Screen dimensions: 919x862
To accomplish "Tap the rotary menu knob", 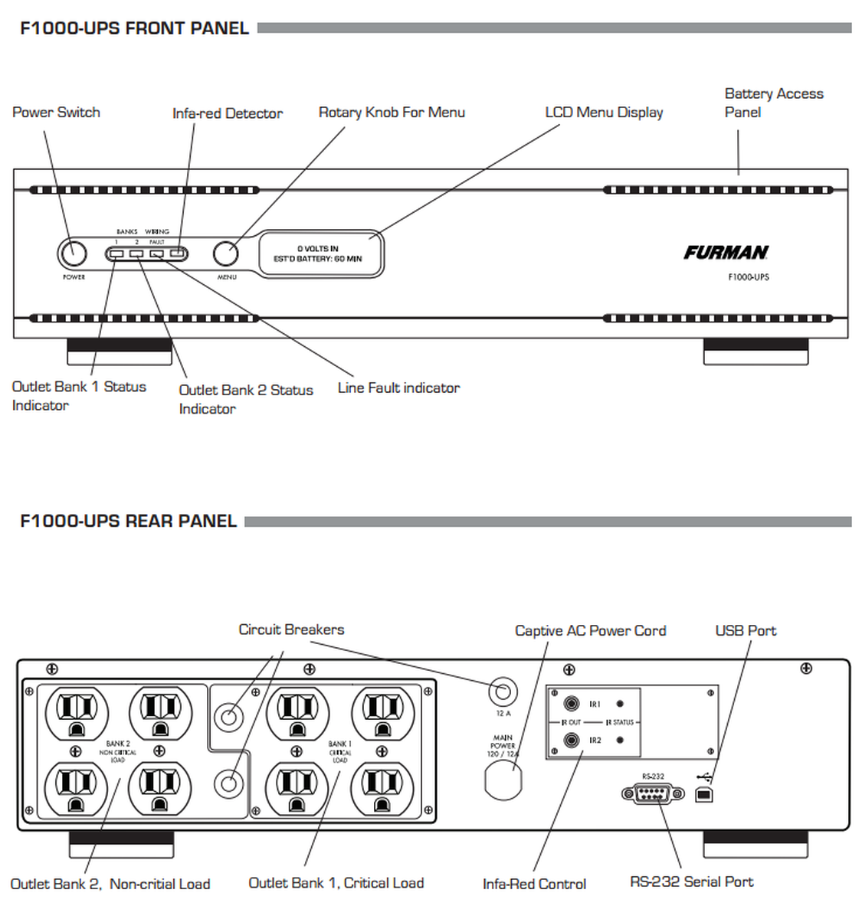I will coord(225,253).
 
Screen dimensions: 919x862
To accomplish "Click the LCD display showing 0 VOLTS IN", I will coord(320,254).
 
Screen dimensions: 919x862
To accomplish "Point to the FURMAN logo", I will coord(726,253).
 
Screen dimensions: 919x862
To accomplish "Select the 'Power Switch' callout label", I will coord(56,113).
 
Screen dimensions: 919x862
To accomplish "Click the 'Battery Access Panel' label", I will coord(773,103).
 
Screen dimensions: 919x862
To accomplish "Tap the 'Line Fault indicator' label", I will coord(398,388).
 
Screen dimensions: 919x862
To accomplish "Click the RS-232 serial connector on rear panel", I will coord(654,794).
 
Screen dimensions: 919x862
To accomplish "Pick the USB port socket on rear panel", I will coord(704,796).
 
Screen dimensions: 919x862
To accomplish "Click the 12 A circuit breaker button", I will coord(503,692).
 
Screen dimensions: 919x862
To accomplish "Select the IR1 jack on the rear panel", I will coord(571,703).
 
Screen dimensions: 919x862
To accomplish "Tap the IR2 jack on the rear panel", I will coord(571,741).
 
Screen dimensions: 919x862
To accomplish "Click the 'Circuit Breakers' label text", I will coord(291,630).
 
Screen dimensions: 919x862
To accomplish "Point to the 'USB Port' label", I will coord(746,631).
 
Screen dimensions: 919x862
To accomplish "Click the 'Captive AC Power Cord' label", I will coord(590,631).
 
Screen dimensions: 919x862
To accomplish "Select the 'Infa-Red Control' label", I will coord(534,884).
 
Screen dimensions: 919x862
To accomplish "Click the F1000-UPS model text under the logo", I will coord(748,276).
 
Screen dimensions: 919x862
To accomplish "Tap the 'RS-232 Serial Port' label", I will coord(691,882).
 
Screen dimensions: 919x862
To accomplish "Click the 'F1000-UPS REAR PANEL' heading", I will coord(128,522).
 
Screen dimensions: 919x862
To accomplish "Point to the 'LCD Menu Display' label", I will coord(604,113).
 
